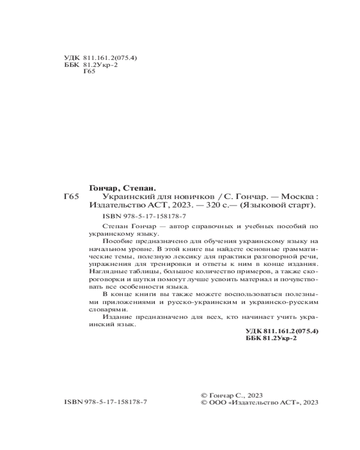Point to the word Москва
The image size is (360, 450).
point(297,197)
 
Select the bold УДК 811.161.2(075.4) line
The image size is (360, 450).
point(282,331)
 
